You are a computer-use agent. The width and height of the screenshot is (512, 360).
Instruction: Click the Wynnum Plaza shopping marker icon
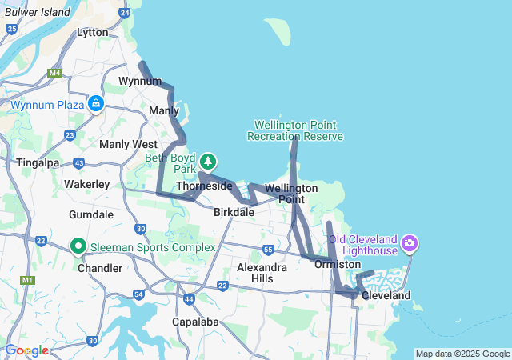pyautogui.click(x=95, y=104)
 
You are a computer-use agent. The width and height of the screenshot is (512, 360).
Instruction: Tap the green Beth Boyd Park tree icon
pyautogui.click(x=208, y=162)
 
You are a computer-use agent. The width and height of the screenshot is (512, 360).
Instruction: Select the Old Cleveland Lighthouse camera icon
pyautogui.click(x=410, y=242)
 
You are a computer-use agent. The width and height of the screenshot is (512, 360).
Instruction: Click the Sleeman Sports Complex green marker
pyautogui.click(x=78, y=246)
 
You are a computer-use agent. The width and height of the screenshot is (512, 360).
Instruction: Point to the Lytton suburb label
pyautogui.click(x=92, y=32)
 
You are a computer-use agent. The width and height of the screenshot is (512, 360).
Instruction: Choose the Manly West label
pyautogui.click(x=128, y=144)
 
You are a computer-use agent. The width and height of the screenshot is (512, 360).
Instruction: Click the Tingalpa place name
pyautogui.click(x=37, y=162)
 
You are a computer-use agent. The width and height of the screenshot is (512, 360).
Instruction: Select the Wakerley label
pyautogui.click(x=86, y=184)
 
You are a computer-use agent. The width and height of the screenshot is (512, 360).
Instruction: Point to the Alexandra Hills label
pyautogui.click(x=262, y=273)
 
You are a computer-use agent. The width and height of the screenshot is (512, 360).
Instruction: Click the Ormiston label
pyautogui.click(x=338, y=264)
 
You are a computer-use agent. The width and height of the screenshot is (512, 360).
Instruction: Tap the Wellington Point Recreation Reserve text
pyautogui.click(x=295, y=130)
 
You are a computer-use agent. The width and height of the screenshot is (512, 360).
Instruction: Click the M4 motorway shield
pyautogui.click(x=54, y=73)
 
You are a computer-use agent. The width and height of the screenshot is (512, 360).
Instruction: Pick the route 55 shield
pyautogui.click(x=268, y=250)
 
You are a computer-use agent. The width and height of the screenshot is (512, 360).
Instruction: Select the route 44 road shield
pyautogui.click(x=189, y=298)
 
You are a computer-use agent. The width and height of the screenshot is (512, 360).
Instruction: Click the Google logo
pyautogui.click(x=26, y=350)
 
